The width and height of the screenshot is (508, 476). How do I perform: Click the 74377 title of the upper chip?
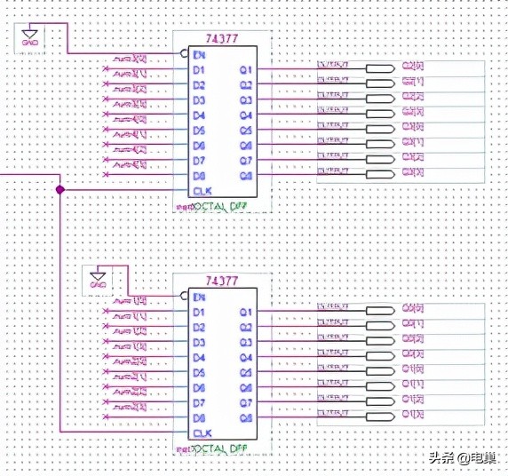221,38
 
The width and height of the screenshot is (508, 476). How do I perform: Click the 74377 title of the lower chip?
221,282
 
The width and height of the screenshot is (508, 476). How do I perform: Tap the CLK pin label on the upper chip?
202,190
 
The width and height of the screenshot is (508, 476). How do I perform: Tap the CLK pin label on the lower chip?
202,433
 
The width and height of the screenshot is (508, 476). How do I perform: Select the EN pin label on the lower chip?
200,297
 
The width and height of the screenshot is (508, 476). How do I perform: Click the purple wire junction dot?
60,190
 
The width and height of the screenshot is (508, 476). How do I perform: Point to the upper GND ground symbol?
29,36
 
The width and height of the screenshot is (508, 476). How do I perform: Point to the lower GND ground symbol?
98,279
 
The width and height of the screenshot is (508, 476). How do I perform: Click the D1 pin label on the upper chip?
200,70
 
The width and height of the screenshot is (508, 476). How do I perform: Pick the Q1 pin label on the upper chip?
246,69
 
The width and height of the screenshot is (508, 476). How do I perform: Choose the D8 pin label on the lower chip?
200,417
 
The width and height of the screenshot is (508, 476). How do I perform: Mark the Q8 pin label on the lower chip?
246,416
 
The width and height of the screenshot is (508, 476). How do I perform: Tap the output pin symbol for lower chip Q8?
380,416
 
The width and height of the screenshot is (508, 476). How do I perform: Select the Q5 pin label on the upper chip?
246,131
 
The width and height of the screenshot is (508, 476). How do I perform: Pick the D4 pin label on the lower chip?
200,358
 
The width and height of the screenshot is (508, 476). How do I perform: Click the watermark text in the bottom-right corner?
462,458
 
